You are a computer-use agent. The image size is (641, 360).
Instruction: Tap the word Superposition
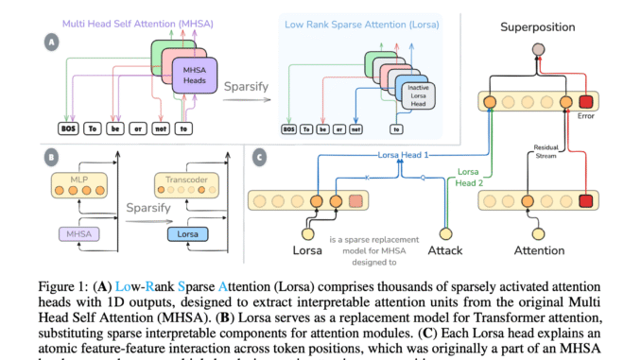click(x=538, y=26)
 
